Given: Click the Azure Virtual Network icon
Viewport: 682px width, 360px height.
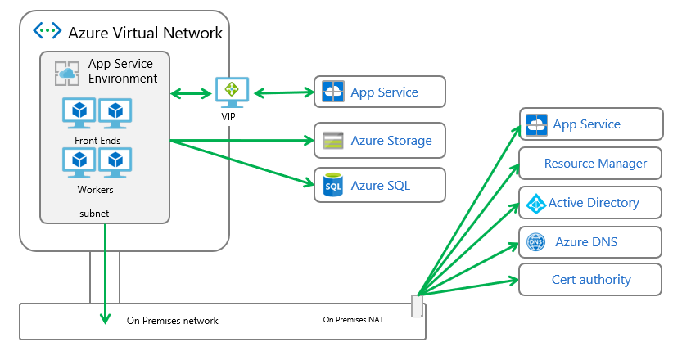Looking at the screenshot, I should coord(47,32).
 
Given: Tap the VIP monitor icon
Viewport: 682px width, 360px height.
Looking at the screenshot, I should coord(232,92).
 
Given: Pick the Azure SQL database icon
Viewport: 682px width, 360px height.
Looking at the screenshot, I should coord(332,186).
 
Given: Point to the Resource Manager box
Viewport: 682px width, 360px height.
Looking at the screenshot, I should coord(589,164).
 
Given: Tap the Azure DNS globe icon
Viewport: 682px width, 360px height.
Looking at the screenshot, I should coord(535,242).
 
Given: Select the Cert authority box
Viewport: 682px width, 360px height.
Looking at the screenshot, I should coord(589,280).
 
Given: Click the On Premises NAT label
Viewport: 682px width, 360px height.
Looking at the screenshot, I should coord(354,320).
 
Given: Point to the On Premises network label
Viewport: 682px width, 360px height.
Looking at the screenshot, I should coord(173,321).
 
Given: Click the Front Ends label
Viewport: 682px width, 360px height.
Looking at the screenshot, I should coord(97,140).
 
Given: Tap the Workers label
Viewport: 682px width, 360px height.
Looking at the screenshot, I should coord(97,190).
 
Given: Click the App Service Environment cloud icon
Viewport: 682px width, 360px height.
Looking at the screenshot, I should coord(66,73).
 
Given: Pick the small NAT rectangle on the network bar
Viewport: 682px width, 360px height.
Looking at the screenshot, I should coord(417,306).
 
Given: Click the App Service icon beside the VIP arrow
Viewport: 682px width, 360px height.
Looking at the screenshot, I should coord(332,92).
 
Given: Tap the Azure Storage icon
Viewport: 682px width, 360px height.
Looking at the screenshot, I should coord(332,140).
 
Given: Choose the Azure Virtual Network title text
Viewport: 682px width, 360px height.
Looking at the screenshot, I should coord(145,33).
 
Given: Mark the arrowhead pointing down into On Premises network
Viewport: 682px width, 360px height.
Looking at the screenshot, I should coord(106,319).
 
